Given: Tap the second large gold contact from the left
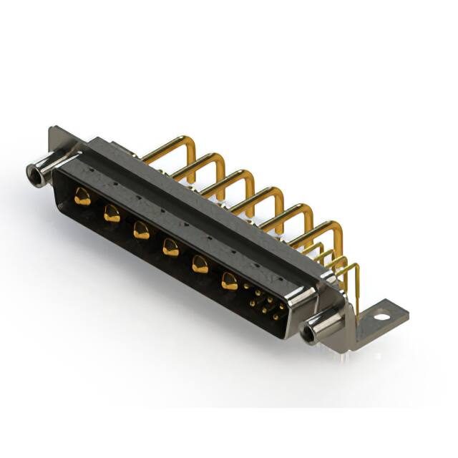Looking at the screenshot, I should click(x=112, y=213).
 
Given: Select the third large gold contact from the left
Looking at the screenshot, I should click(x=141, y=230).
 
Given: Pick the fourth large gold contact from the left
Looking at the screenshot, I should click(x=170, y=247).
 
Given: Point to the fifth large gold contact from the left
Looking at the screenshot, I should click(x=200, y=264).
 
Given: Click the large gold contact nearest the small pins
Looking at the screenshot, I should click(x=230, y=281).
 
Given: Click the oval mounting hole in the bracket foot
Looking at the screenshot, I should click(x=382, y=313).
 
